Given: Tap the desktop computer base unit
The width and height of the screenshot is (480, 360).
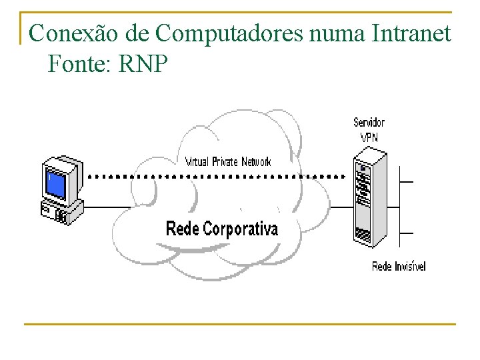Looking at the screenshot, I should click(x=61, y=211).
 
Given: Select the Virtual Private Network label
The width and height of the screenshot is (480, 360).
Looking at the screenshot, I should click(x=228, y=161).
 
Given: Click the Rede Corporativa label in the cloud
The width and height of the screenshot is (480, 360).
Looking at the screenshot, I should click(x=221, y=229).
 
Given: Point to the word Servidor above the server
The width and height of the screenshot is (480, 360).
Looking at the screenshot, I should click(x=369, y=123).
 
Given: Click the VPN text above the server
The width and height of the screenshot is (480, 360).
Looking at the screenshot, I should click(x=369, y=137).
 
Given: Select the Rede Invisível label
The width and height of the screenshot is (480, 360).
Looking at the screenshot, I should click(x=398, y=267).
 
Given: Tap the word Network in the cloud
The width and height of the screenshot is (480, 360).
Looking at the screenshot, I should click(x=256, y=161).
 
